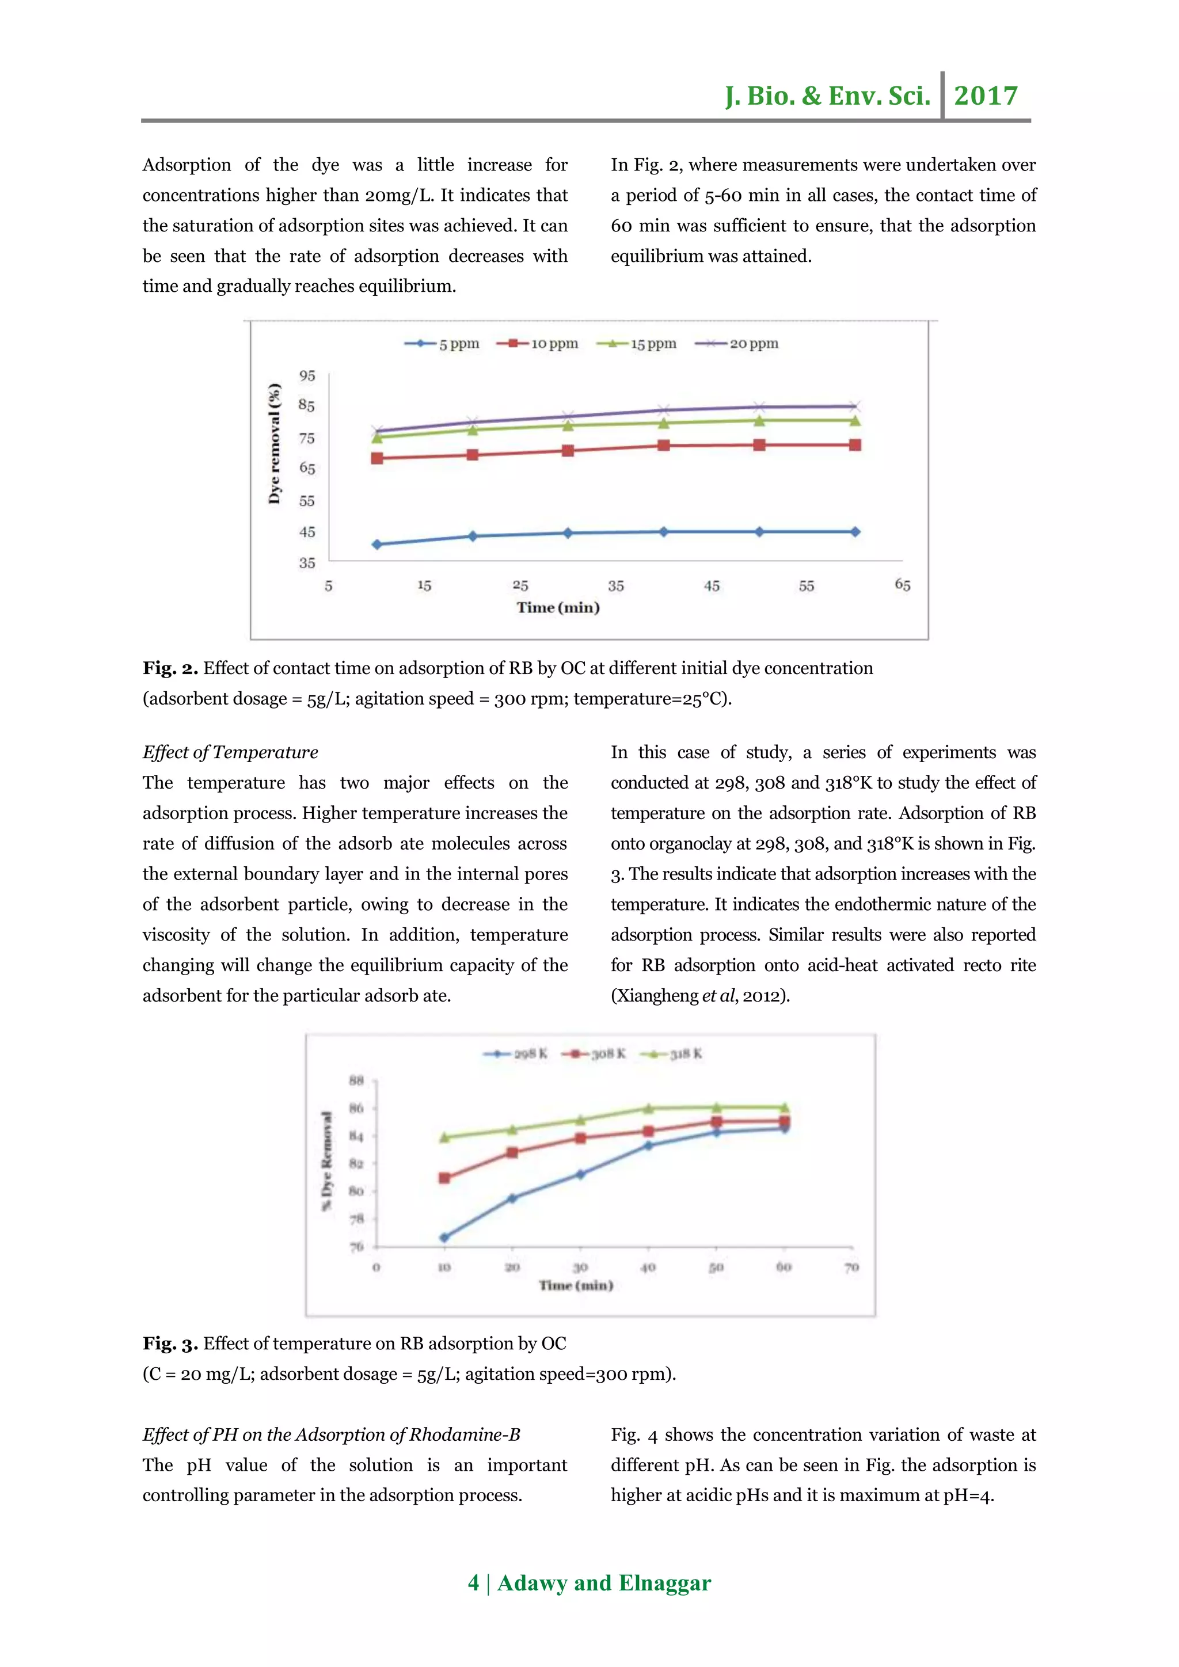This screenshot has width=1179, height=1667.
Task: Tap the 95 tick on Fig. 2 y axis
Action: tap(307, 375)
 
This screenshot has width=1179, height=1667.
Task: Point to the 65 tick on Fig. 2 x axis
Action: tap(903, 584)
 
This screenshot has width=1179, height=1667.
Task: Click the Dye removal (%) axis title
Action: tap(275, 443)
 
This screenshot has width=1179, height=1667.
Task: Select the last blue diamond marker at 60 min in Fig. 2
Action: tap(854, 531)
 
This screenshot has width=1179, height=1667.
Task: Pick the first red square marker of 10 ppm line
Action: tap(377, 458)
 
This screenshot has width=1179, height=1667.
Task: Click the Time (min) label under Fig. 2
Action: tap(558, 607)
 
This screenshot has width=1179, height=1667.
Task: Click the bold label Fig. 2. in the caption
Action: tap(170, 668)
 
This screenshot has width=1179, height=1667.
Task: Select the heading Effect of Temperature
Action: tap(230, 752)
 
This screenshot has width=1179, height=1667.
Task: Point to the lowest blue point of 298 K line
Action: tap(444, 1237)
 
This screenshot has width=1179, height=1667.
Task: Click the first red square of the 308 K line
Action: tap(444, 1178)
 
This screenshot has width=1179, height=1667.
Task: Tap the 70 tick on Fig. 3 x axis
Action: tap(851, 1267)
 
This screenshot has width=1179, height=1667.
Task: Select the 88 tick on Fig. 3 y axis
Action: tap(356, 1080)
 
